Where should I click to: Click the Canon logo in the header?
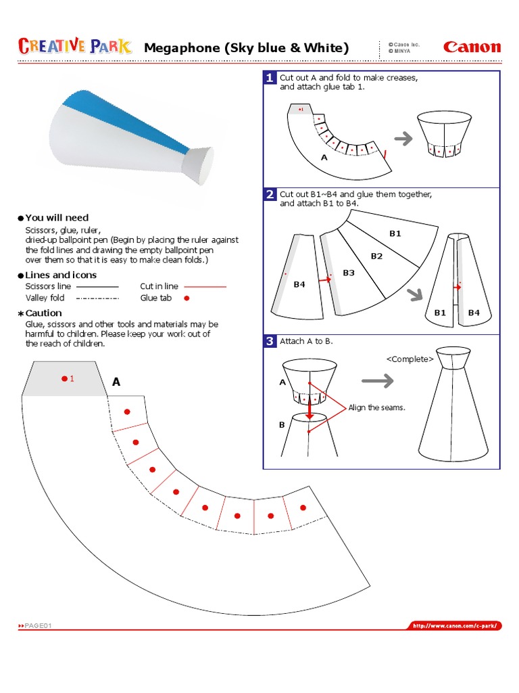[x=472, y=47]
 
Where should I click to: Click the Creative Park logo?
[x=76, y=46]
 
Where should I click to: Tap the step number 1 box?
[x=270, y=78]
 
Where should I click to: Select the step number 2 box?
[x=270, y=195]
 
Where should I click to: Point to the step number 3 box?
[x=270, y=342]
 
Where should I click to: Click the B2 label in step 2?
[x=376, y=256]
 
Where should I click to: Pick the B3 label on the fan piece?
[x=349, y=273]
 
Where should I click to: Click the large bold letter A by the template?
[x=116, y=382]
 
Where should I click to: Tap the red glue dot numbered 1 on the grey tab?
[x=64, y=378]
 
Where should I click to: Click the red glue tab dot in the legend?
[x=187, y=298]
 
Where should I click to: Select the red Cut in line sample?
[x=205, y=287]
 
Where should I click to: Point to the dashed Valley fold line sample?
[x=98, y=298]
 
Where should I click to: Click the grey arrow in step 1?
[x=403, y=139]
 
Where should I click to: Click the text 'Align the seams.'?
[x=376, y=408]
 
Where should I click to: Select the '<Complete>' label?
[x=410, y=359]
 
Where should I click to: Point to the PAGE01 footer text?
[x=34, y=626]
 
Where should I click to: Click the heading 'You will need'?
[x=57, y=218]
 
